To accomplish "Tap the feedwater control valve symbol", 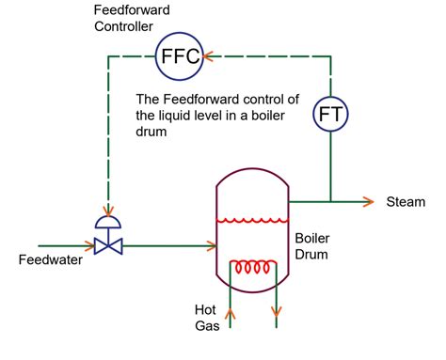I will pos(109,246).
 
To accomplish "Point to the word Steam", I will pos(406,202).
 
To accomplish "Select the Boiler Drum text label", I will pos(313,245).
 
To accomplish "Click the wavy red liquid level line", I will pos(249,221).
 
